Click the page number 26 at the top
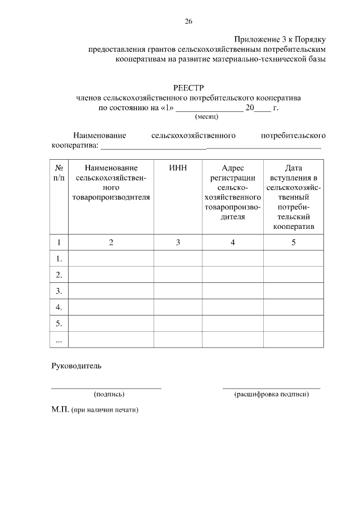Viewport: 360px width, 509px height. point(188,21)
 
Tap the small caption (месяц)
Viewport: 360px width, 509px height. point(206,117)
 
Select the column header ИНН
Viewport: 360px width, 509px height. point(178,168)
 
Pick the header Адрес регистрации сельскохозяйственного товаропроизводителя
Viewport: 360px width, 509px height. point(233,192)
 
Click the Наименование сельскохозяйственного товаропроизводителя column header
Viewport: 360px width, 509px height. point(111,183)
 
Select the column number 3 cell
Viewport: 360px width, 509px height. point(178,242)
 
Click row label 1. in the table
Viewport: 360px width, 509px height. point(58,259)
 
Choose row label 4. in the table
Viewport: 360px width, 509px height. point(58,308)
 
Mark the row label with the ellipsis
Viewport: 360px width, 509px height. point(58,340)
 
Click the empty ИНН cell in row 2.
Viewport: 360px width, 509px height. point(178,275)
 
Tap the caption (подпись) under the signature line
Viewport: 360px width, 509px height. point(109,394)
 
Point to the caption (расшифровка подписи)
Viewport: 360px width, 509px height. point(272,394)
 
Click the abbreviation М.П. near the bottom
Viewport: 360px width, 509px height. point(60,410)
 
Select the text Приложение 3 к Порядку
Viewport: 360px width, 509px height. point(280,39)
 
